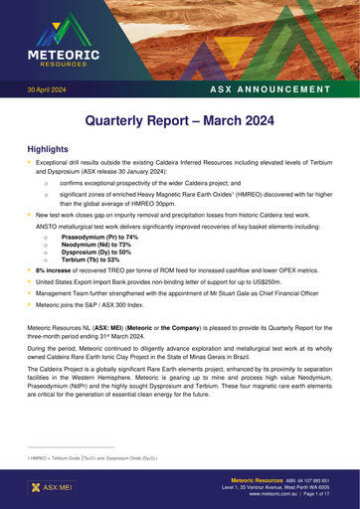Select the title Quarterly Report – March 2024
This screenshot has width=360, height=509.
[180, 122]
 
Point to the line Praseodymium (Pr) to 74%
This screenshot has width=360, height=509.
[99, 238]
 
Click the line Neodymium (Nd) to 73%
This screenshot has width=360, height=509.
[97, 245]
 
